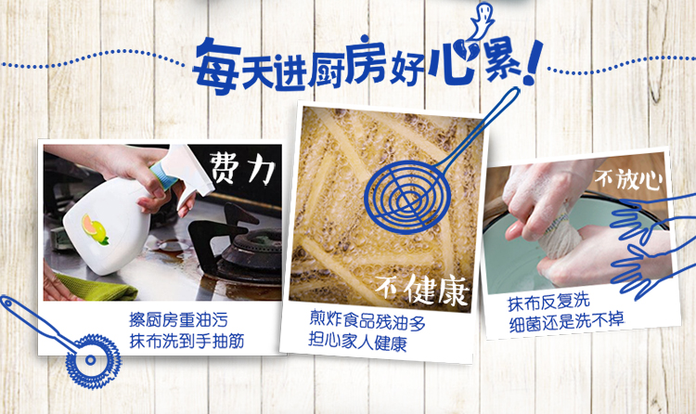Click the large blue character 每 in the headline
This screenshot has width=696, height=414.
pos(217,67)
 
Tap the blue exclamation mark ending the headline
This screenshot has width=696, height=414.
pos(533,63)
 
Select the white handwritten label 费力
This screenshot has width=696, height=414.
pos(242,168)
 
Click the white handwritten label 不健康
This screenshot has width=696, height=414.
pos(422,290)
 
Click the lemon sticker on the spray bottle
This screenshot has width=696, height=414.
pos(95,229)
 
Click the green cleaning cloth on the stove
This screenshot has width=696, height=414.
pos(95,287)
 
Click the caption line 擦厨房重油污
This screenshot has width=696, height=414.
pos(178,320)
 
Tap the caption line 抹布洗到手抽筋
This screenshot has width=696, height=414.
pos(187,342)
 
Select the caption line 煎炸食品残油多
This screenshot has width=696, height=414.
pos(367,321)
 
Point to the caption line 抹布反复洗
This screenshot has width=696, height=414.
pos(548,303)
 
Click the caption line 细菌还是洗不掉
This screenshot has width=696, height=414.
pos(567,322)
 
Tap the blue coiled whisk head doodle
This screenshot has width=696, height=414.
pos(93,361)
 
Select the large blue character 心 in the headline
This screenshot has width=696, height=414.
pos(454,62)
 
